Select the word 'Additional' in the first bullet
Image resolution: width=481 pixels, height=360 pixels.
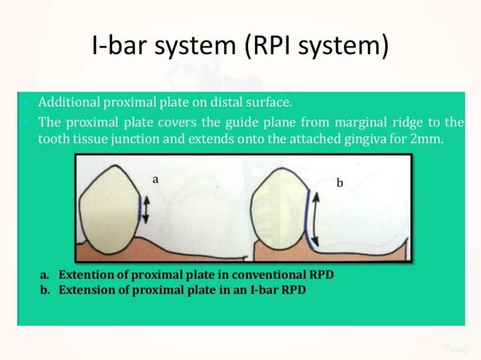pos(68,102)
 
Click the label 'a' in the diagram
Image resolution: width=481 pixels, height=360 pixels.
pos(155,179)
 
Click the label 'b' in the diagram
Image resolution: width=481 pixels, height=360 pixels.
pos(339,183)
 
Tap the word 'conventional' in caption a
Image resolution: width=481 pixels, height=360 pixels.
pos(256,275)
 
